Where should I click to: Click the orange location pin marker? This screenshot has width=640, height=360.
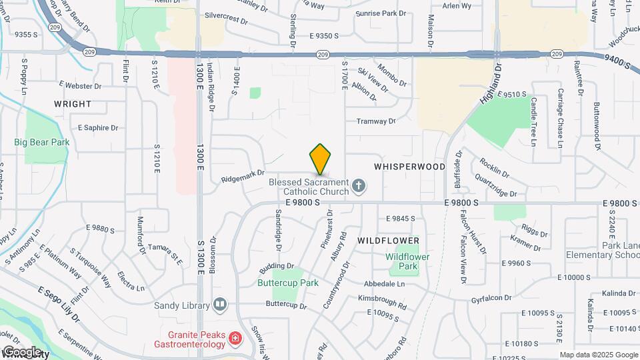point(321,160)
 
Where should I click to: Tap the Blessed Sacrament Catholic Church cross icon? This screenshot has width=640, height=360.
point(359,186)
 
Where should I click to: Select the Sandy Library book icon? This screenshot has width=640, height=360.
point(220,305)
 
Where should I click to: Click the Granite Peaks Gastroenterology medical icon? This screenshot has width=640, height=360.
point(234,340)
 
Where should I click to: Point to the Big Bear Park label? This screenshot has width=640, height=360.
point(41,142)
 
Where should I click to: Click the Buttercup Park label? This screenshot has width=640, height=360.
point(288,283)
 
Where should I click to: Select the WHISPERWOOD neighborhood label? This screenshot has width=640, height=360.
point(409,167)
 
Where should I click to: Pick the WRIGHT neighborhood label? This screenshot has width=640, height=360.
point(73,104)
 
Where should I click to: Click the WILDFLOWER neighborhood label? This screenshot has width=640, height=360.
point(388,240)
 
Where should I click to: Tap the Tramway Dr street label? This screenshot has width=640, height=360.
point(376,121)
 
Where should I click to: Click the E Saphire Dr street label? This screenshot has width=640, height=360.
point(98,127)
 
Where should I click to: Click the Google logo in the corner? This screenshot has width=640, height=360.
point(21,352)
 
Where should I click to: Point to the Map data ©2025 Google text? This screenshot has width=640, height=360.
point(598,355)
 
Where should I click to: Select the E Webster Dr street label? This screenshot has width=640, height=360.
point(80,85)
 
